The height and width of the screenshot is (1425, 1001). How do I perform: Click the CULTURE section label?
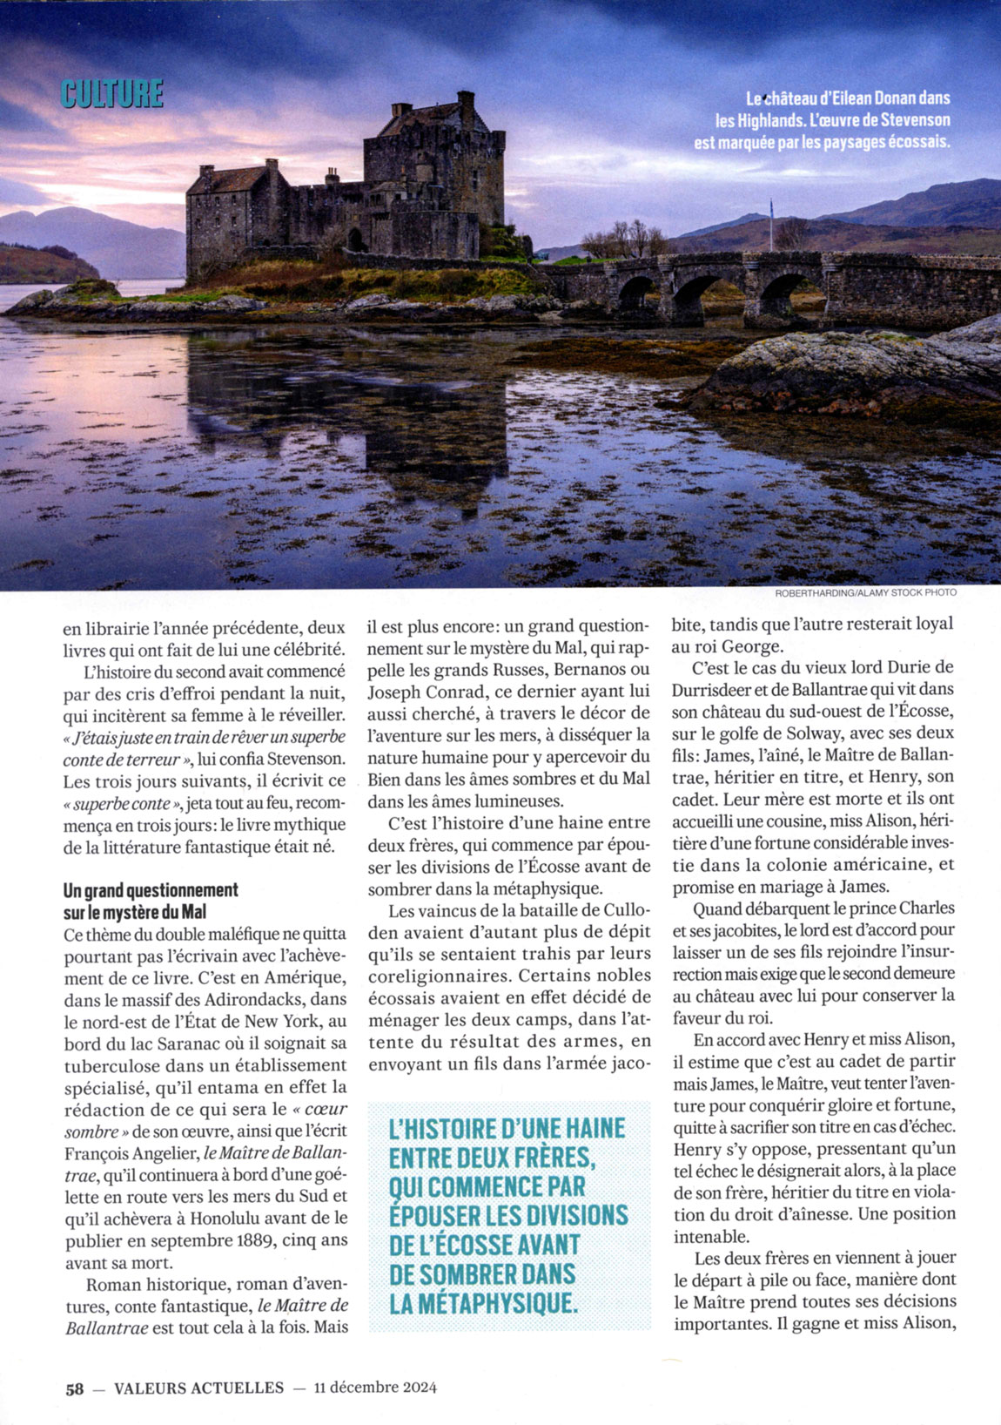point(112,93)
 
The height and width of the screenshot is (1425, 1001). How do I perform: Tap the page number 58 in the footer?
point(75,1388)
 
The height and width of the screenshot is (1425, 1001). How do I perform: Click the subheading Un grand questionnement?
point(151,890)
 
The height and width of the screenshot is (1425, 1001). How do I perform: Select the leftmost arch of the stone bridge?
point(636,295)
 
